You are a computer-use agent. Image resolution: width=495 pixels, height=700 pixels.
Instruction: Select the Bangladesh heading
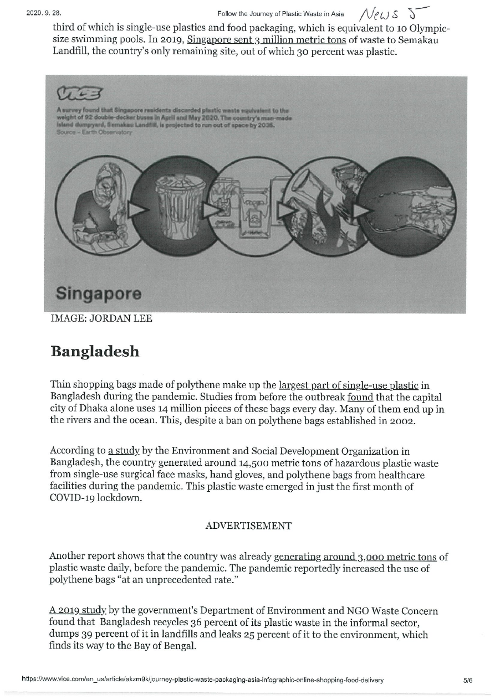point(95,352)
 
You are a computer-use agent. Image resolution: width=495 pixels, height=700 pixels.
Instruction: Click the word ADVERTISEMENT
point(248,526)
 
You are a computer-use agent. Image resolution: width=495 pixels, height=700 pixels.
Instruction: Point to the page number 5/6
point(468,680)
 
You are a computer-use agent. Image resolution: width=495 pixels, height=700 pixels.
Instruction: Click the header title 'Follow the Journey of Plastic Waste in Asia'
point(282,13)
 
